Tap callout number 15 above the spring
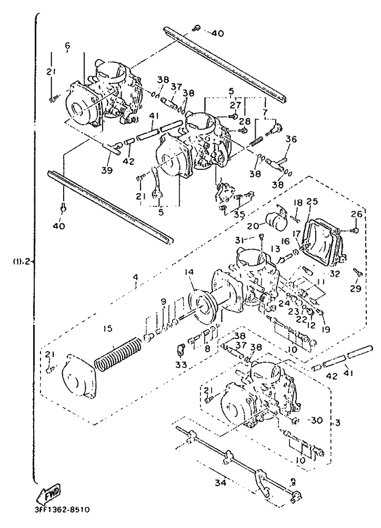[x=107, y=329]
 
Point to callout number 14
[x=189, y=272]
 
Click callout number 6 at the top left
[x=67, y=46]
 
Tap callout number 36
[x=291, y=140]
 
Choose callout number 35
[x=240, y=214]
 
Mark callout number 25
[x=313, y=202]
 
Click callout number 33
[x=181, y=364]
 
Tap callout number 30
[x=316, y=420]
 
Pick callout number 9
[x=163, y=302]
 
